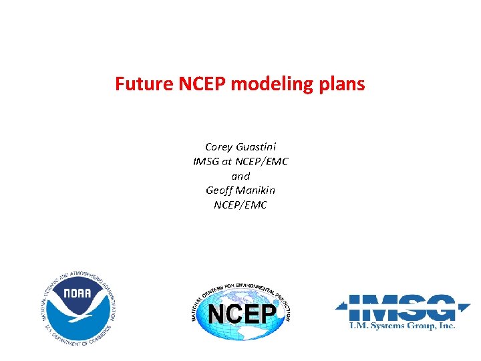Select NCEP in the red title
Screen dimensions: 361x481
[194, 84]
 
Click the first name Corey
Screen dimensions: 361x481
[218, 146]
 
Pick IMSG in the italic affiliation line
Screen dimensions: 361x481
[206, 161]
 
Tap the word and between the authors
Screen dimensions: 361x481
[240, 176]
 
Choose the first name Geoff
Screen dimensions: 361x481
[220, 191]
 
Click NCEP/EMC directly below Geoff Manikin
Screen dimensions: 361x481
[240, 205]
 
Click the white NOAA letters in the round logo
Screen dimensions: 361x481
[78, 295]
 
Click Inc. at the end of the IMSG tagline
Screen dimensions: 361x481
[447, 326]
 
